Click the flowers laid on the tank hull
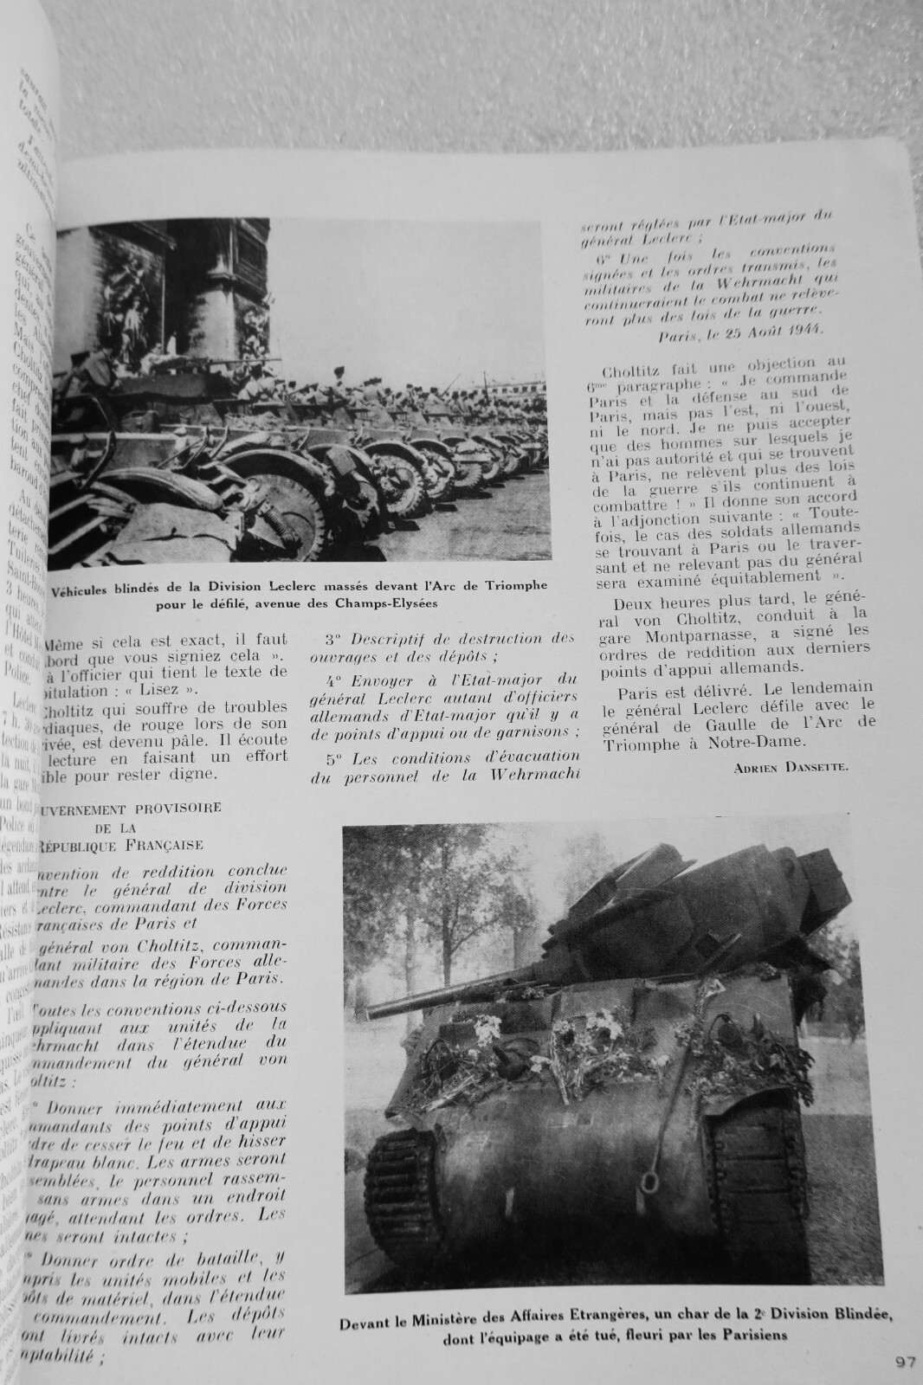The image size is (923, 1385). [x=589, y=1039]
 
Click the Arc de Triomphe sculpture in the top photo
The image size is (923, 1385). [x=121, y=303]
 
